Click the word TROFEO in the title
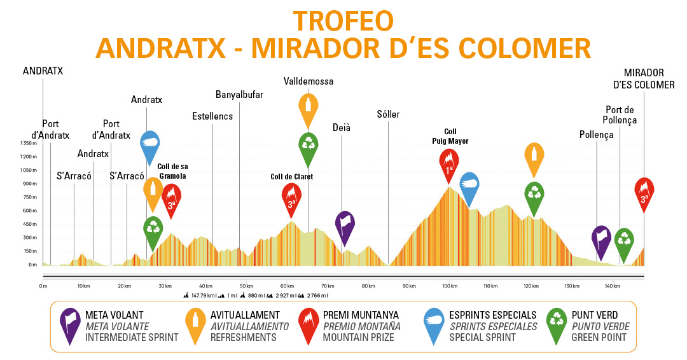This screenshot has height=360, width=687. coord(343,21)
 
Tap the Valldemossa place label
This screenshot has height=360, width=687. coord(309,81)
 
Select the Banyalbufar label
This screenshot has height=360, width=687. coord(239,95)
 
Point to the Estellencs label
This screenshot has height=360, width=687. coord(212,116)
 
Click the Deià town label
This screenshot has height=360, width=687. coord(342,128)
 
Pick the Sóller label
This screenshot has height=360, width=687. coord(388,114)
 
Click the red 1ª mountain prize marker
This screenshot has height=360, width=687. coord(449,163)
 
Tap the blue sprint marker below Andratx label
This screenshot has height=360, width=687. coord(149,146)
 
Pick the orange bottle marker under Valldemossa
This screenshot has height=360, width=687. coord(309,109)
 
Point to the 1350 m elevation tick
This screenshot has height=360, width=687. coord(29,143)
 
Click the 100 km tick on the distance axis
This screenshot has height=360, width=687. coord(448,286)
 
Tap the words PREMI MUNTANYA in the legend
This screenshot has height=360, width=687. coord(361,315)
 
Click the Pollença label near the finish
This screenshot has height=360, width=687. coord(597,135)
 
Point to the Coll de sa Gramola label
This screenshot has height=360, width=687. coord(172,171)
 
